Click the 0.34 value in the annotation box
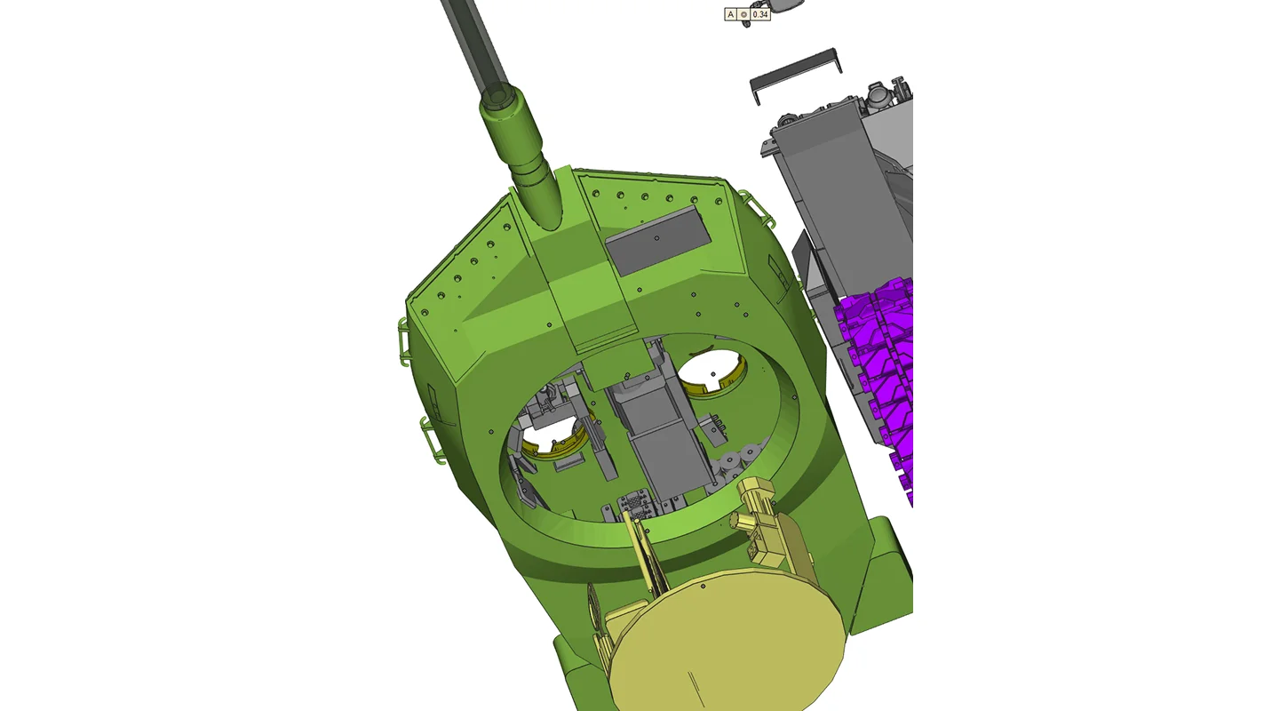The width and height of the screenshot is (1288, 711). (760, 14)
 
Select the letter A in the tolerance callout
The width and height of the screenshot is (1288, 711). (730, 14)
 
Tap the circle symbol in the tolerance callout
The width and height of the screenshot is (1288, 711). (743, 14)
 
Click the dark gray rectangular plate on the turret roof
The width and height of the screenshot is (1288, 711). (658, 240)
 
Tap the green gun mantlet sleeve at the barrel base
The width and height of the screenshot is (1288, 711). (520, 156)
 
